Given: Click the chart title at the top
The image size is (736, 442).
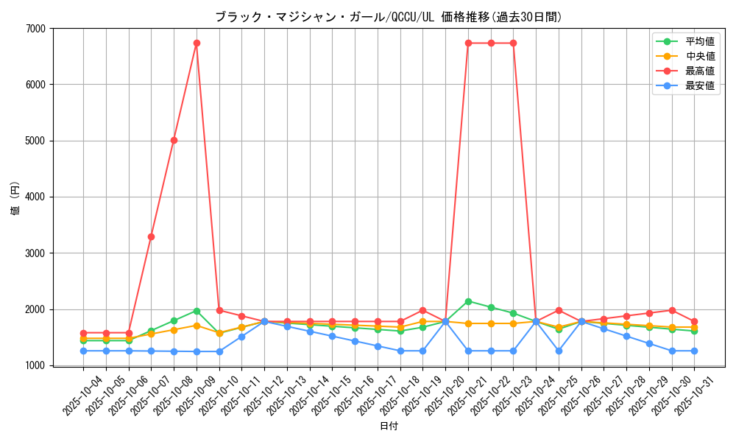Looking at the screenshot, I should click(388, 17).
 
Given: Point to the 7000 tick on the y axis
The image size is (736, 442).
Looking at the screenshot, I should click(36, 29).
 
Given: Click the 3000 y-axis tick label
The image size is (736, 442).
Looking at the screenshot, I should click(36, 253).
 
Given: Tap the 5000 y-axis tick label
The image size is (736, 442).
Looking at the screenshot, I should click(36, 141).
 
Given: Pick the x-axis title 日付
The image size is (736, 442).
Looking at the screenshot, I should click(389, 427).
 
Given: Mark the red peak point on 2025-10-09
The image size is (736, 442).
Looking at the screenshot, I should click(197, 43).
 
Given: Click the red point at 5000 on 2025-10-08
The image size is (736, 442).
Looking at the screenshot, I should click(174, 140).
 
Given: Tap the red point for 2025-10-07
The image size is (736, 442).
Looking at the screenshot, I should click(151, 236).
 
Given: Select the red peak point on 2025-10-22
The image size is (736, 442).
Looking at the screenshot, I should click(491, 43).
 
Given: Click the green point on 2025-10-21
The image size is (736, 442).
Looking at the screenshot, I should click(468, 301).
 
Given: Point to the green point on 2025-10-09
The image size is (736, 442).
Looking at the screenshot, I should click(197, 311).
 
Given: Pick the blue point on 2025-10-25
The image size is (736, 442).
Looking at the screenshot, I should click(559, 351).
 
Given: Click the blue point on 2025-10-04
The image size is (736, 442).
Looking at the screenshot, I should click(83, 351).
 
